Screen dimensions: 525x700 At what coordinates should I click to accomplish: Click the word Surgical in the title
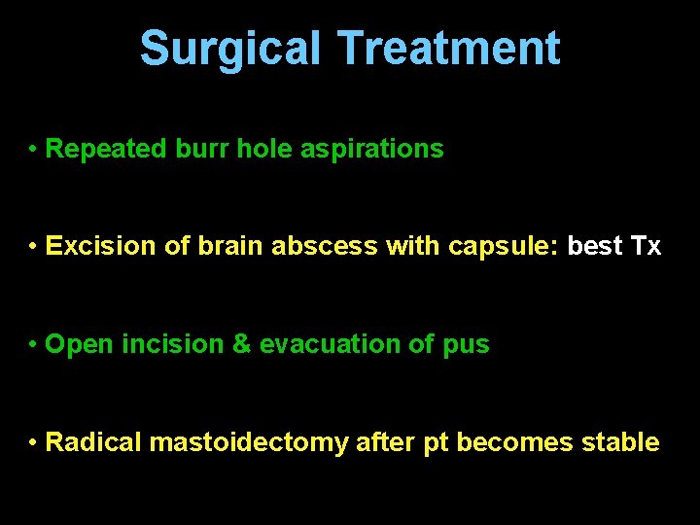tap(229, 48)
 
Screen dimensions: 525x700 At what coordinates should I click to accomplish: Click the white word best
tap(595, 246)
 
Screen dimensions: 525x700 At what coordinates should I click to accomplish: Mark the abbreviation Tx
tap(646, 246)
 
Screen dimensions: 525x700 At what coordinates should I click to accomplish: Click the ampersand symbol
tap(238, 344)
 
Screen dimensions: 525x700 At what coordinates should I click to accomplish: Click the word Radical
tap(94, 442)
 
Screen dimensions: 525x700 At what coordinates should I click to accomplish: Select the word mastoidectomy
tap(249, 442)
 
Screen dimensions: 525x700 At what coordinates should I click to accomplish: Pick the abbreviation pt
tap(435, 443)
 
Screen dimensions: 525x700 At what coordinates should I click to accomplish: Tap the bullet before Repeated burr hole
tap(33, 150)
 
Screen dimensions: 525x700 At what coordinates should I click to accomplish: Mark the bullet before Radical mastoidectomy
tap(33, 443)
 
